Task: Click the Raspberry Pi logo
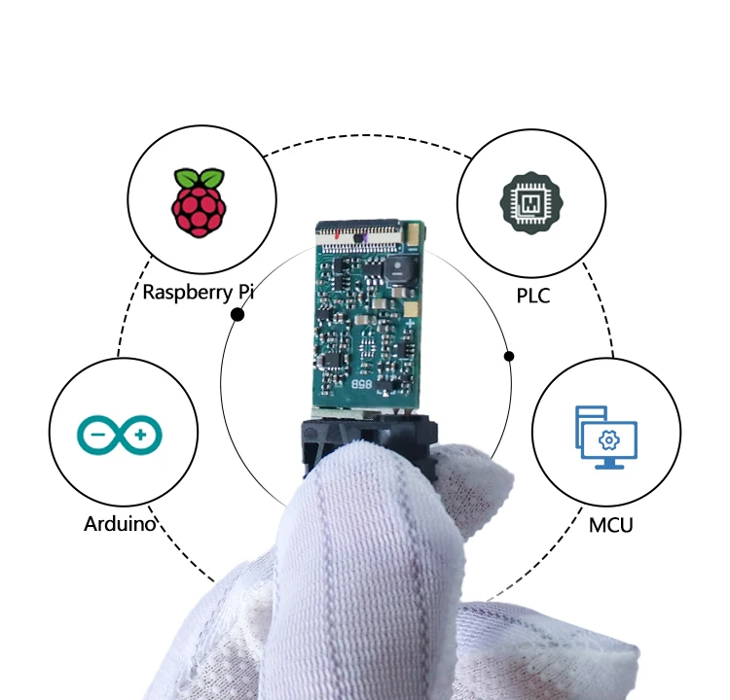[x=199, y=203]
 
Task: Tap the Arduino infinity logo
[x=120, y=435]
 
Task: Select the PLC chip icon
[x=531, y=203]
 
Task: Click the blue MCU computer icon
[x=606, y=437]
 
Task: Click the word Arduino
[x=120, y=524]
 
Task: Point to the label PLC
[x=533, y=296]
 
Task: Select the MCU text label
[x=611, y=525]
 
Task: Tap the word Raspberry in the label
[x=187, y=293]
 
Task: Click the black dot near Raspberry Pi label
[x=237, y=315]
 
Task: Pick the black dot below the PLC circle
[x=509, y=356]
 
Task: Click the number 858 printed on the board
[x=362, y=384]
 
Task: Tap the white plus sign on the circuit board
[x=410, y=323]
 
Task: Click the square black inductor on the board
[x=398, y=268]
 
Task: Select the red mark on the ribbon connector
[x=337, y=235]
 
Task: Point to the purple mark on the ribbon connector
[x=365, y=239]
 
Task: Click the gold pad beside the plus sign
[x=411, y=308]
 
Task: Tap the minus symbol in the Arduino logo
[x=98, y=435]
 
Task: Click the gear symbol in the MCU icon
[x=608, y=440]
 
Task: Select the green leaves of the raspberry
[x=199, y=178]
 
